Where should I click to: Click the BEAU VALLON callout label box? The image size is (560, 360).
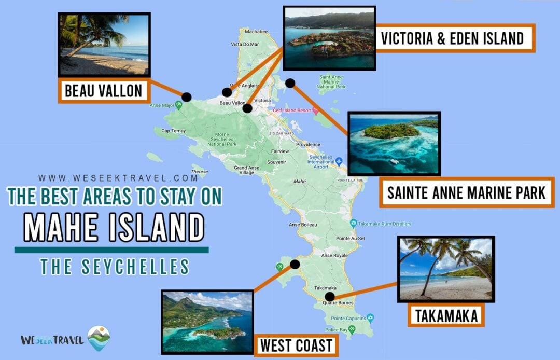click(x=103, y=91)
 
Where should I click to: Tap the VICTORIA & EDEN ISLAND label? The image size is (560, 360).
click(x=451, y=38)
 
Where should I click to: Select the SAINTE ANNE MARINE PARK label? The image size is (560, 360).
click(x=466, y=192)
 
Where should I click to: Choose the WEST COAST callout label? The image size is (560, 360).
click(x=297, y=345)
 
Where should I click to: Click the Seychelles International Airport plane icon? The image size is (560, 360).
click(x=339, y=161)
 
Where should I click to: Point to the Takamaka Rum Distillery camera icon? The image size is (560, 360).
click(x=353, y=224)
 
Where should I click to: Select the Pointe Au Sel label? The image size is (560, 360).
click(x=351, y=238)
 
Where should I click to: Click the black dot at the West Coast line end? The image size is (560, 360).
click(x=295, y=264)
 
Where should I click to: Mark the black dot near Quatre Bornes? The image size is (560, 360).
click(x=329, y=297)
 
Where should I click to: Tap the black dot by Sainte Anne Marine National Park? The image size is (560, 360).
click(x=290, y=83)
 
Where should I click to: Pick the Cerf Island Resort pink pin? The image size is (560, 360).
click(x=315, y=110)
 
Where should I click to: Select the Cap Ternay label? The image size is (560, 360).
click(x=173, y=130)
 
